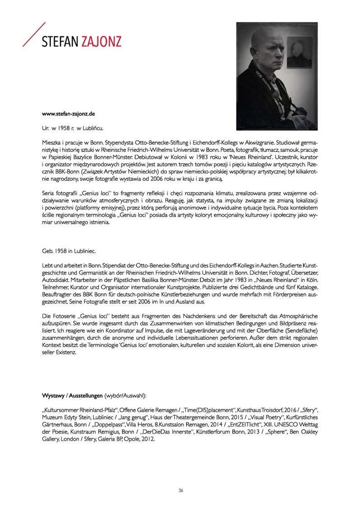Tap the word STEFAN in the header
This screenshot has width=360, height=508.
coord(59,43)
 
